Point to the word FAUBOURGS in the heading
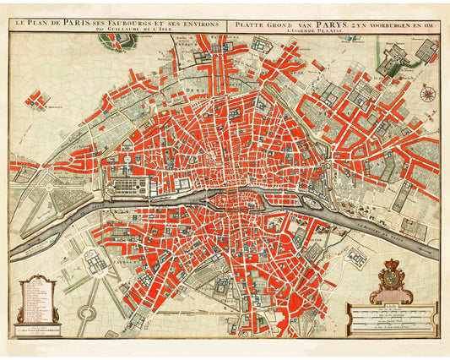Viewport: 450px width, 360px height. click(x=132, y=25)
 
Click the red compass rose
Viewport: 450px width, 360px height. click(x=428, y=95)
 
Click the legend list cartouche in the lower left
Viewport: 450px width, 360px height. click(x=37, y=297)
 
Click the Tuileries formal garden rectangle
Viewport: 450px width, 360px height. click(x=127, y=182)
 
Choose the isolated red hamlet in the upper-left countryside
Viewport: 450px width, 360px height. click(x=36, y=101)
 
